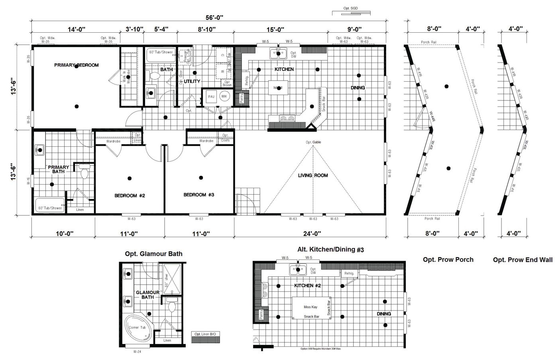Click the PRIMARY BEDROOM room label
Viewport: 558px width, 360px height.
coord(76,65)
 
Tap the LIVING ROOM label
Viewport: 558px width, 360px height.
coord(313,175)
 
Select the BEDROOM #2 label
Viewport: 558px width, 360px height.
coord(129,195)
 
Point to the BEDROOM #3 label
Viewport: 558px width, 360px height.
coord(199,195)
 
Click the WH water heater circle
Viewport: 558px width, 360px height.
coord(224,96)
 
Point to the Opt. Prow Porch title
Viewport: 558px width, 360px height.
coord(448,260)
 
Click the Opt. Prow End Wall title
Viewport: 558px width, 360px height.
coord(523,260)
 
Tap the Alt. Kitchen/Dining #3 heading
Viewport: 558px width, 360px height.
coord(331,250)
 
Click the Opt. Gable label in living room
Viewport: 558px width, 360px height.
coord(313,142)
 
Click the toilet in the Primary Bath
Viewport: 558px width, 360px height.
coord(84,173)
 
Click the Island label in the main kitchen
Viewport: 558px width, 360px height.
coord(278,88)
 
